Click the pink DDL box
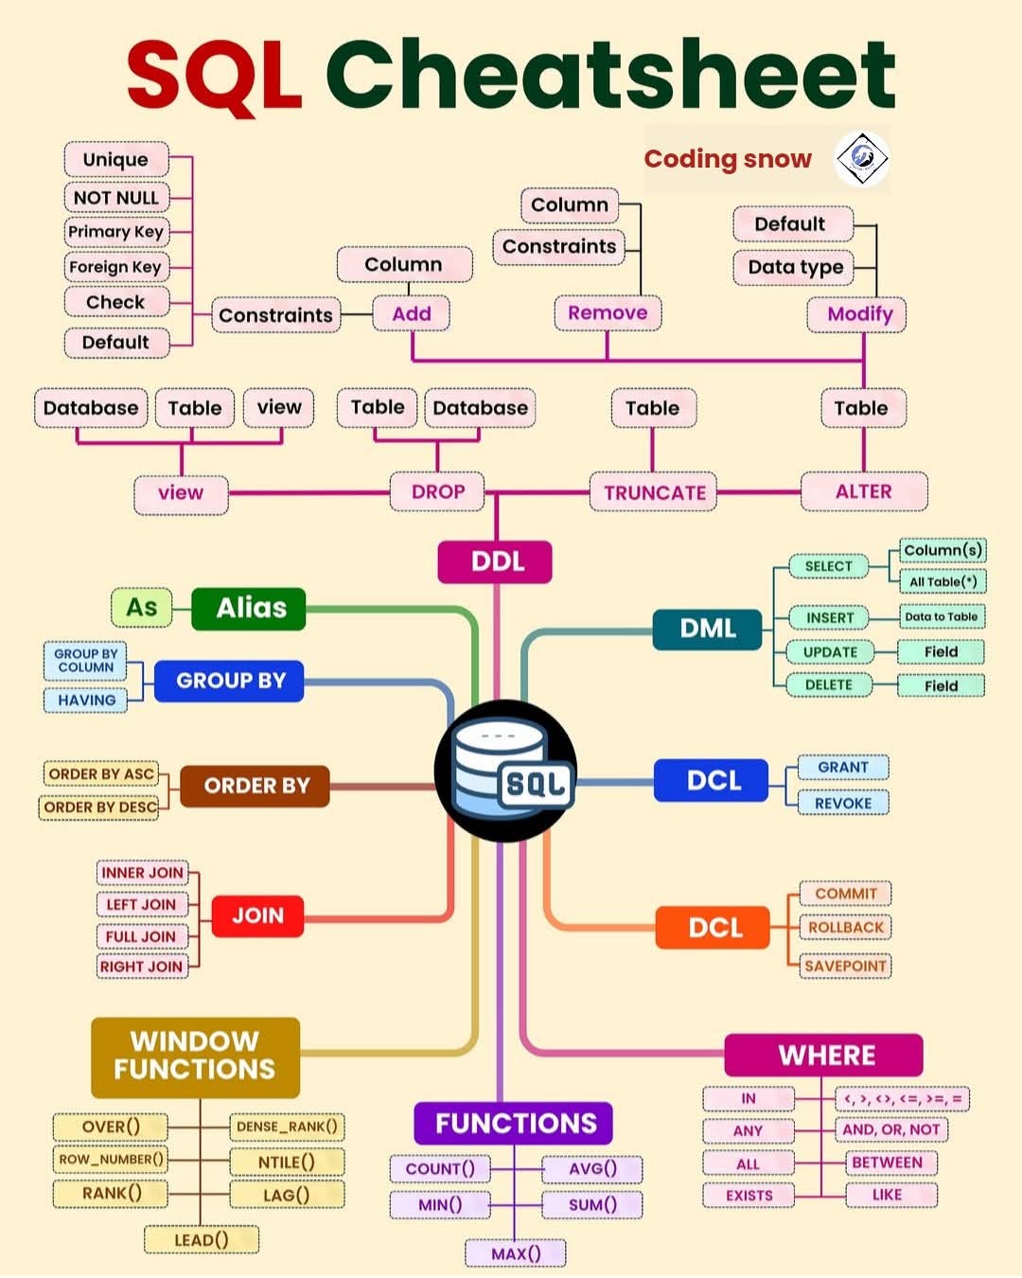495,561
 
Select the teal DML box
707,629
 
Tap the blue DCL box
712,781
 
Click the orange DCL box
714,928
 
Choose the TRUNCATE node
654,492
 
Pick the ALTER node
863,491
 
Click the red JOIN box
257,915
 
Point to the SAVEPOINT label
845,966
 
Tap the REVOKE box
842,803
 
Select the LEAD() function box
201,1239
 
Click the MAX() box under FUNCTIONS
516,1253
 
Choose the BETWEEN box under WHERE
887,1163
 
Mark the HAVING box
86,701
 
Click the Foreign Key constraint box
115,267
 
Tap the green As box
142,608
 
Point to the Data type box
795,267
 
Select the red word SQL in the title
214,74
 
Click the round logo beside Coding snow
861,158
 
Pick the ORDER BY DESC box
100,808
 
